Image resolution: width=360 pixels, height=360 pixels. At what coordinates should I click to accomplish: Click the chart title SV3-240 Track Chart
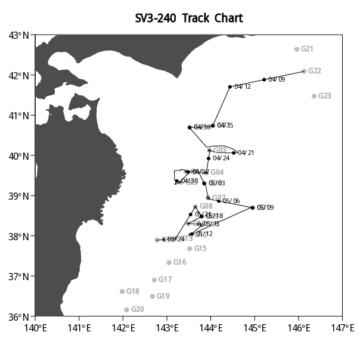pos(189,18)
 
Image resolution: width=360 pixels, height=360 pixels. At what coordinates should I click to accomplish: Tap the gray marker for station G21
pos(297,49)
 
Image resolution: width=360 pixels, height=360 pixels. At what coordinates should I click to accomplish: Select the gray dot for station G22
pos(304,71)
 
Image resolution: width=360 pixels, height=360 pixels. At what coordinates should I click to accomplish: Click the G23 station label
pos(325,96)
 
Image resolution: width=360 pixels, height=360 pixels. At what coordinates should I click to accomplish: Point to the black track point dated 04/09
pos(264,79)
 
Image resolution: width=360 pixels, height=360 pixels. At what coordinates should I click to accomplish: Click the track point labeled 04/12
pos(230,86)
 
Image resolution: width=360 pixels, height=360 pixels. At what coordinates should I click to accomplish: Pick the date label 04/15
pos(225,126)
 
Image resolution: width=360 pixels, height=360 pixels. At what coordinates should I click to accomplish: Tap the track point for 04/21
pos(234,153)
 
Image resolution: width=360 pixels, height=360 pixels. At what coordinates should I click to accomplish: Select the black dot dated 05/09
pos(253,207)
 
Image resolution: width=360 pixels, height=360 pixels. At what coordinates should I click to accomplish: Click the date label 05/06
pos(231,201)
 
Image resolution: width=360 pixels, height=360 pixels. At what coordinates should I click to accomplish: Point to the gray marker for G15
pos(190,249)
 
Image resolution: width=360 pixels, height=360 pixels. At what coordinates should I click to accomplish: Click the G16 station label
pos(180,262)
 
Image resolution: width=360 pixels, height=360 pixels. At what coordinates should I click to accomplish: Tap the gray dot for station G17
pos(154,280)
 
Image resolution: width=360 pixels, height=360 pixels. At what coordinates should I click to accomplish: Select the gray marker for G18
pos(122,291)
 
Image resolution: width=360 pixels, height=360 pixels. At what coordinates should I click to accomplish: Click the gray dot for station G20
pos(126,309)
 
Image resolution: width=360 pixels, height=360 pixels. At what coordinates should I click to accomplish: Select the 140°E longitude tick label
pos(35,327)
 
